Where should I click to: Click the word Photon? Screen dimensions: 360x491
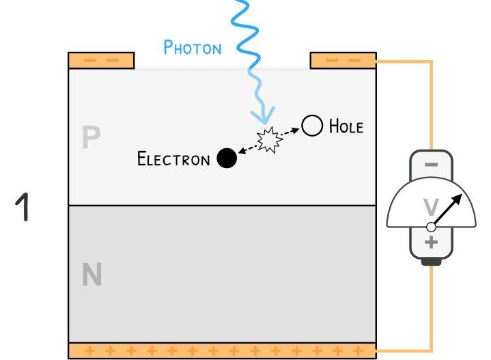click(x=193, y=47)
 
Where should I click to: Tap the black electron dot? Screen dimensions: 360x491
click(x=227, y=158)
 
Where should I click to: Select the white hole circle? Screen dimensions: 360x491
click(x=312, y=126)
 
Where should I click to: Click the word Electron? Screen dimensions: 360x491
click(x=173, y=159)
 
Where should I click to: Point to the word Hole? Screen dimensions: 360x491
click(x=346, y=126)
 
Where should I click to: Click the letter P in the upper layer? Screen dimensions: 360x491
click(x=91, y=138)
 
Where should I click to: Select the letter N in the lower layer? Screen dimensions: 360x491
click(x=92, y=275)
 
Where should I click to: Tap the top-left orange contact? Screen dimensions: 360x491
click(x=101, y=60)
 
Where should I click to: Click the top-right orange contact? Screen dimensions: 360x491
click(x=343, y=60)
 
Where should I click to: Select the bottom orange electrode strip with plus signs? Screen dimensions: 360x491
click(x=222, y=351)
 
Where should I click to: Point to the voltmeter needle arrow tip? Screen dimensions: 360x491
click(x=460, y=195)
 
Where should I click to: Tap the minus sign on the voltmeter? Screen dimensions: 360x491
click(x=431, y=164)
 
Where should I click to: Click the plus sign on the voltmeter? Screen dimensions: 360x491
click(x=431, y=243)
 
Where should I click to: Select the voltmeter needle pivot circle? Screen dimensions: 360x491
click(x=431, y=227)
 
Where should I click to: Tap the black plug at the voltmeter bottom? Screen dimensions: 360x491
click(x=431, y=261)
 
